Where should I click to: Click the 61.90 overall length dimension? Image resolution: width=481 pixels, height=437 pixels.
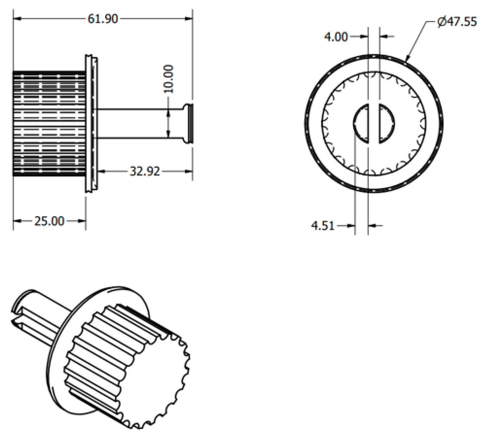pos(103,19)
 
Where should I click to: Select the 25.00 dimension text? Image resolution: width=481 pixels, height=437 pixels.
pos(49,221)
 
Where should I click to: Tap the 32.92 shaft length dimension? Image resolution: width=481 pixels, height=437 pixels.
pos(145,171)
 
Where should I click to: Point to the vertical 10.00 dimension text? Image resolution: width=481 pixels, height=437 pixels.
pos(168,79)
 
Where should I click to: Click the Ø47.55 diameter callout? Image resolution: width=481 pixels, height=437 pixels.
pos(457,22)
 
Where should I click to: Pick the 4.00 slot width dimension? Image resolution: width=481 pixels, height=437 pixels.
pos(336,37)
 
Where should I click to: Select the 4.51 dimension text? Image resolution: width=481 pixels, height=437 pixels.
pos(323,226)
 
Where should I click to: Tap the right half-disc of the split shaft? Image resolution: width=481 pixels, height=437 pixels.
pos(387,123)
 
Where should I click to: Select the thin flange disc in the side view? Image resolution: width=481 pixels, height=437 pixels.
pos(91,123)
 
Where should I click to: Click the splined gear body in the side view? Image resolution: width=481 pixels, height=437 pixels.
pos(49,123)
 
